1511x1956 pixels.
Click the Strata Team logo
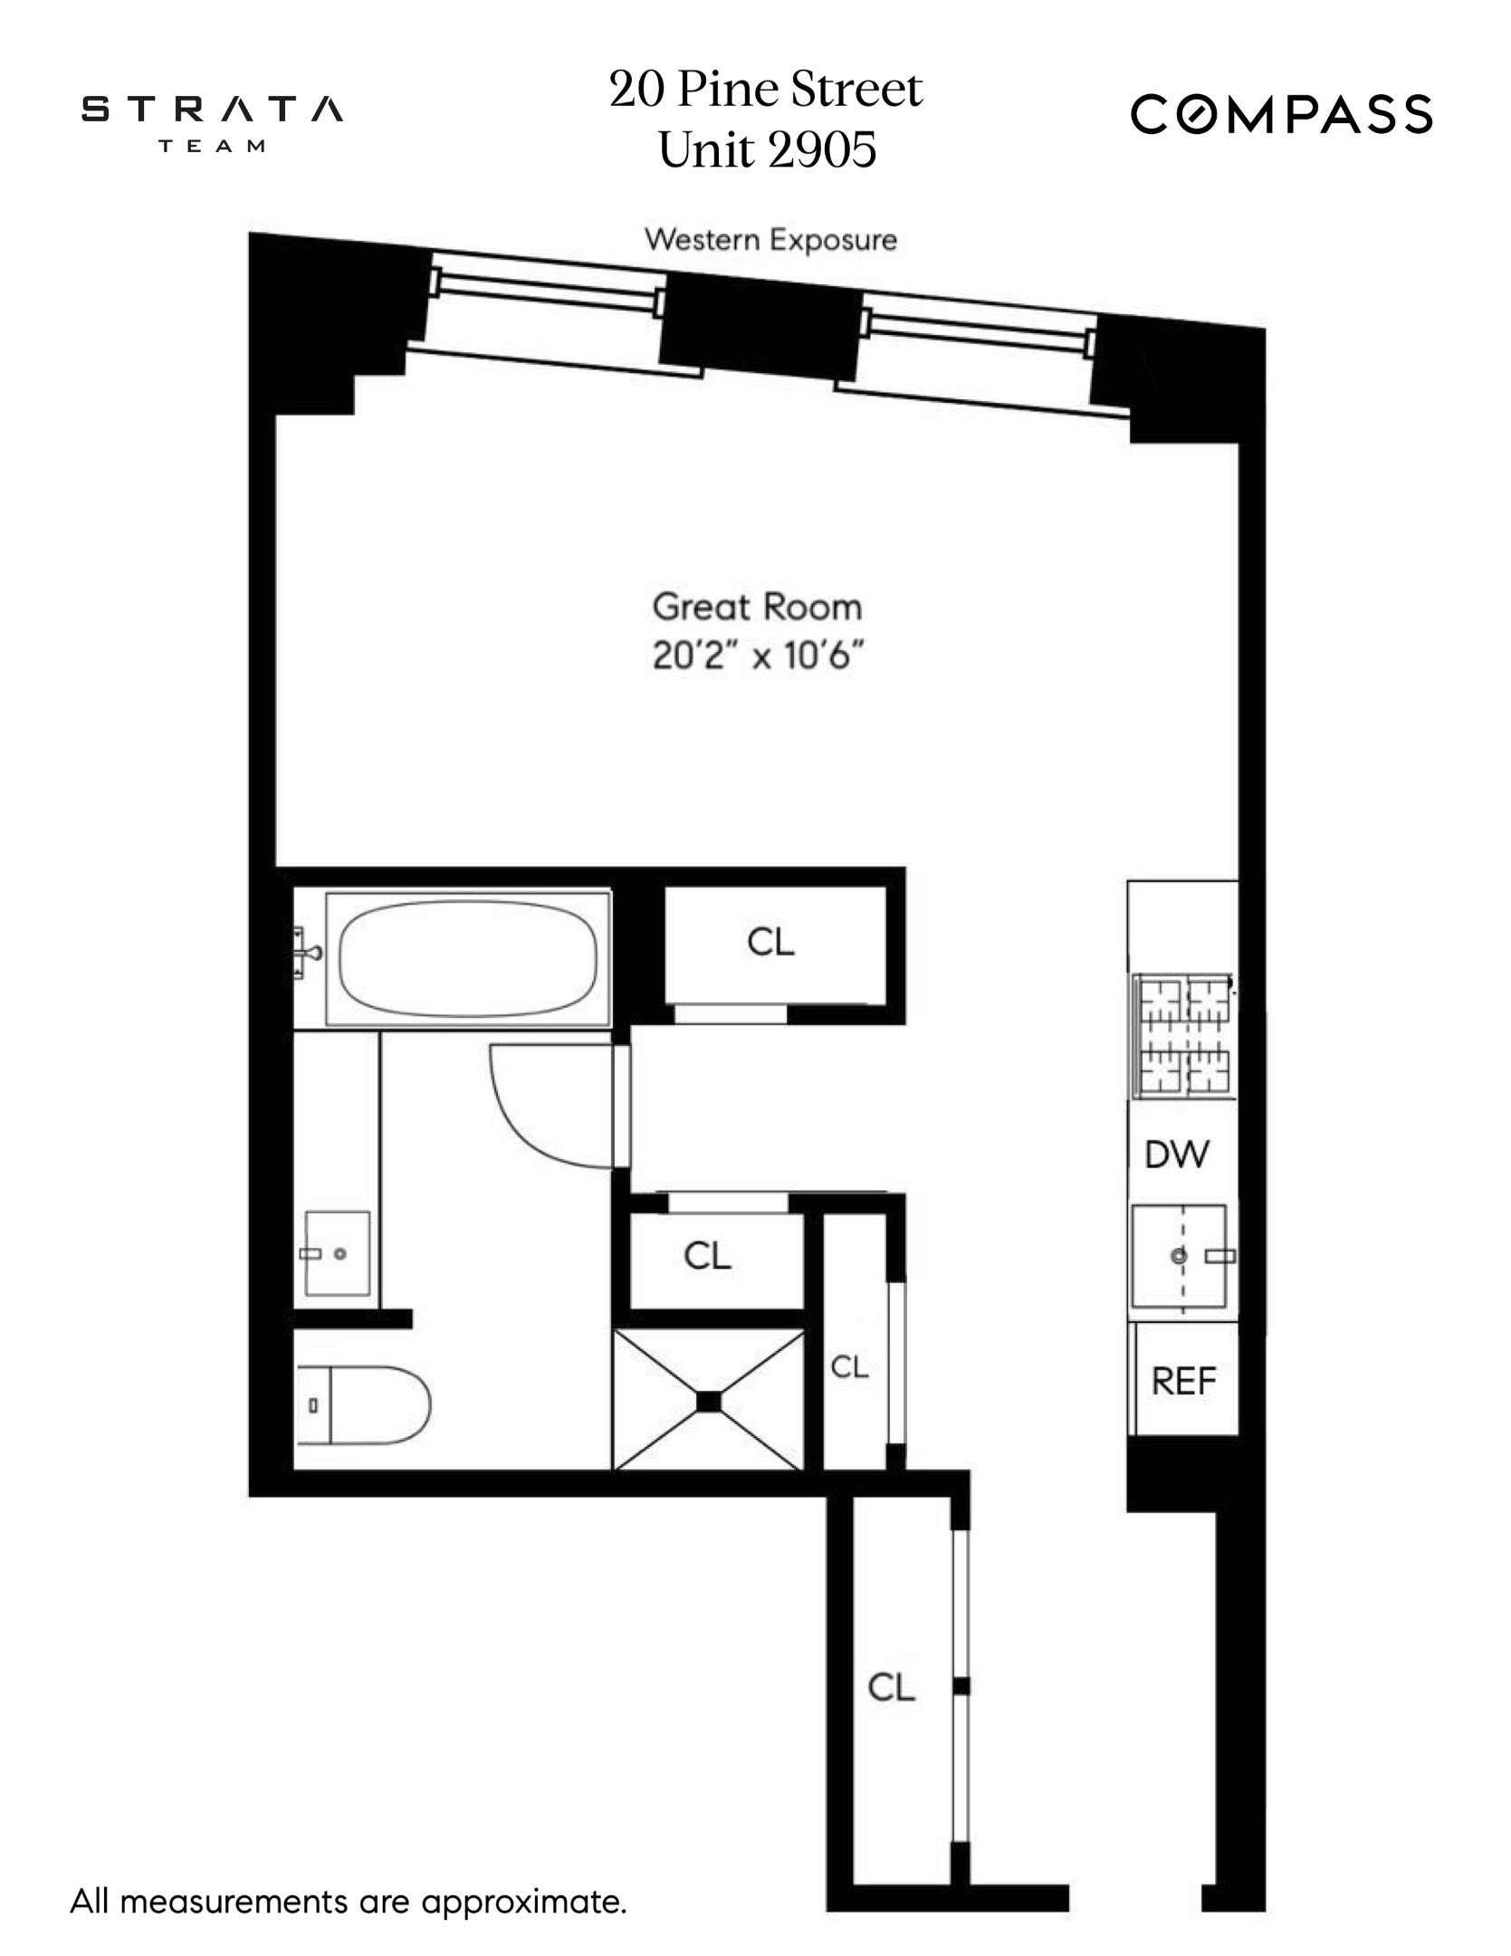[212, 121]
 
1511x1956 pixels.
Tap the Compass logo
[1280, 115]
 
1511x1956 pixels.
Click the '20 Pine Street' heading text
[765, 90]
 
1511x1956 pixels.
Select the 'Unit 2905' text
[767, 149]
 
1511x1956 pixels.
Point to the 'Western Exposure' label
[770, 240]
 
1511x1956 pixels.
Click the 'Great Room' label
[757, 607]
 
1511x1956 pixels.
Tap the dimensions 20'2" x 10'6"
[757, 655]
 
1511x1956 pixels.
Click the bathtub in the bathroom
[468, 959]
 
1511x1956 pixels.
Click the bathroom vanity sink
[337, 1253]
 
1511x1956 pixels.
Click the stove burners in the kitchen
[1183, 1034]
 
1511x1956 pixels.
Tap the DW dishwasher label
[1176, 1155]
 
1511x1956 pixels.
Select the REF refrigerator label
[1183, 1381]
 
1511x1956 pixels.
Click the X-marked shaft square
[708, 1401]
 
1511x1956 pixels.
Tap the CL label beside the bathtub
[770, 943]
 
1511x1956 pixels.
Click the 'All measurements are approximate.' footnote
[349, 1901]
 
